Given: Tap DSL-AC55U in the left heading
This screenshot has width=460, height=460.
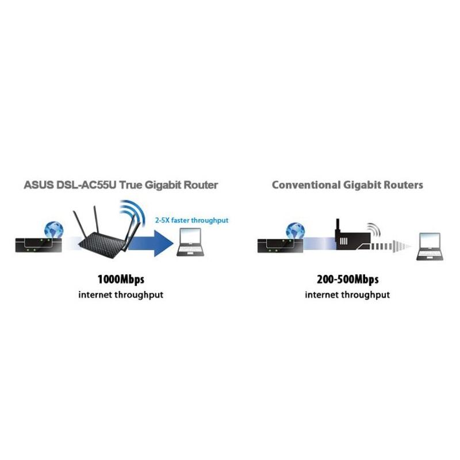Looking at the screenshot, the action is point(86,185).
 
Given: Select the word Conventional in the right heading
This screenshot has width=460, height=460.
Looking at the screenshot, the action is point(305,185).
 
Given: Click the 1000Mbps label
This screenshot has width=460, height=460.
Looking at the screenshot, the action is point(121,280).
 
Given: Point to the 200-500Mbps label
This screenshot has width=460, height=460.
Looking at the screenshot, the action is point(347,280).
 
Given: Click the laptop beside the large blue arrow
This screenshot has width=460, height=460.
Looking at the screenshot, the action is point(191,244).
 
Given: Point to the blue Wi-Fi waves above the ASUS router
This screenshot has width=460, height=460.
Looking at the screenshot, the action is point(133,213).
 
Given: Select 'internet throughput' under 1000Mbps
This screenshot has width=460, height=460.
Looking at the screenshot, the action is point(121,295).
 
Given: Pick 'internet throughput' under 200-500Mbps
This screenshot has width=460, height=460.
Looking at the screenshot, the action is point(347,295).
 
